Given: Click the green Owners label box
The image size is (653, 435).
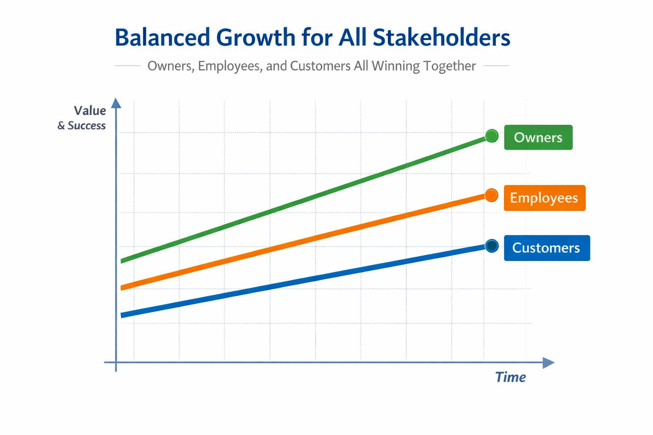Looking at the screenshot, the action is (538, 137).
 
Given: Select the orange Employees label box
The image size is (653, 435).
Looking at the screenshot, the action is (545, 198).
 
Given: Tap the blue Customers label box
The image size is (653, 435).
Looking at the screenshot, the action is (547, 248).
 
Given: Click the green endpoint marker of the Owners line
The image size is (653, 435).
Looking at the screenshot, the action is (492, 136).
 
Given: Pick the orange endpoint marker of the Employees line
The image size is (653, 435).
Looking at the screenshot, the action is (491, 195).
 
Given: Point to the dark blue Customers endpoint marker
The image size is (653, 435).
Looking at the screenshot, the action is (492, 246).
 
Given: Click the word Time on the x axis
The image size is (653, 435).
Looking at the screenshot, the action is (510, 377).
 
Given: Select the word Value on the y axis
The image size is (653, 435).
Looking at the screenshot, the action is (90, 110).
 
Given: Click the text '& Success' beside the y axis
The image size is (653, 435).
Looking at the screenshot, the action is (81, 125).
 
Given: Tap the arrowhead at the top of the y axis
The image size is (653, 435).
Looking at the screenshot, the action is (116, 103).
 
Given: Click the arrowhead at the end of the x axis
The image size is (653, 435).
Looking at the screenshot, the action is (549, 363).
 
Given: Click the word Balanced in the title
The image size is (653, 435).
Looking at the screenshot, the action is (162, 38).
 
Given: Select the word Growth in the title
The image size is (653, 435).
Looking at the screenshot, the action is (256, 38).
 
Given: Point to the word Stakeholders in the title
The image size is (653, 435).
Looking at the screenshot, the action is (441, 38).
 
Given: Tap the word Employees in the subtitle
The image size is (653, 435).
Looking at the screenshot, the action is (230, 66).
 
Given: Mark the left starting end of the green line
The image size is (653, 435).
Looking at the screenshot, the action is (121, 261).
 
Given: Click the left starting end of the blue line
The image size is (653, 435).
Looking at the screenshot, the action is (121, 315).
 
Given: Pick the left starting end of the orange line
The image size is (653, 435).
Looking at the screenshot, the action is (121, 288).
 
